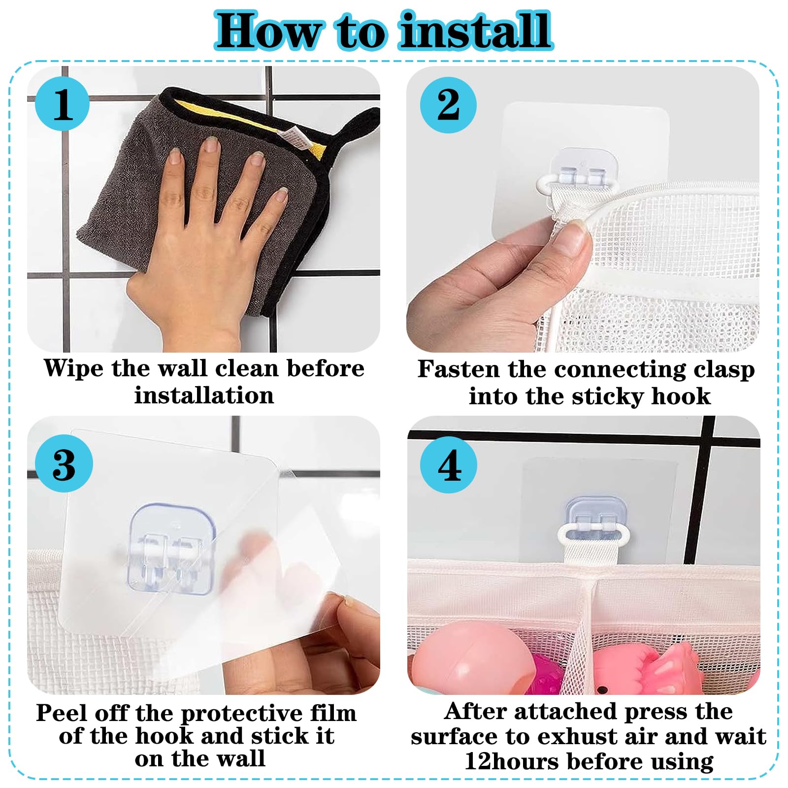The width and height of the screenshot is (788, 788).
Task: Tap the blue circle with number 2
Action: pos(448,104)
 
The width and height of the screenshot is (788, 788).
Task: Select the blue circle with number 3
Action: pos(64,463)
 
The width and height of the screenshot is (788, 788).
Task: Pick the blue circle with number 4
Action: pos(449,465)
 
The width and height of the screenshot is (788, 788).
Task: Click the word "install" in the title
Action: pos(475,31)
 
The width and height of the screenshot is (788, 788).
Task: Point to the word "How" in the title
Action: pos(268,31)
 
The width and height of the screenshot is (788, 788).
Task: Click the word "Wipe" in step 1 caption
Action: pos(73,369)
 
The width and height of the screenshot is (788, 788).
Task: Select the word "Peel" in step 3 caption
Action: pos(62,713)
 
